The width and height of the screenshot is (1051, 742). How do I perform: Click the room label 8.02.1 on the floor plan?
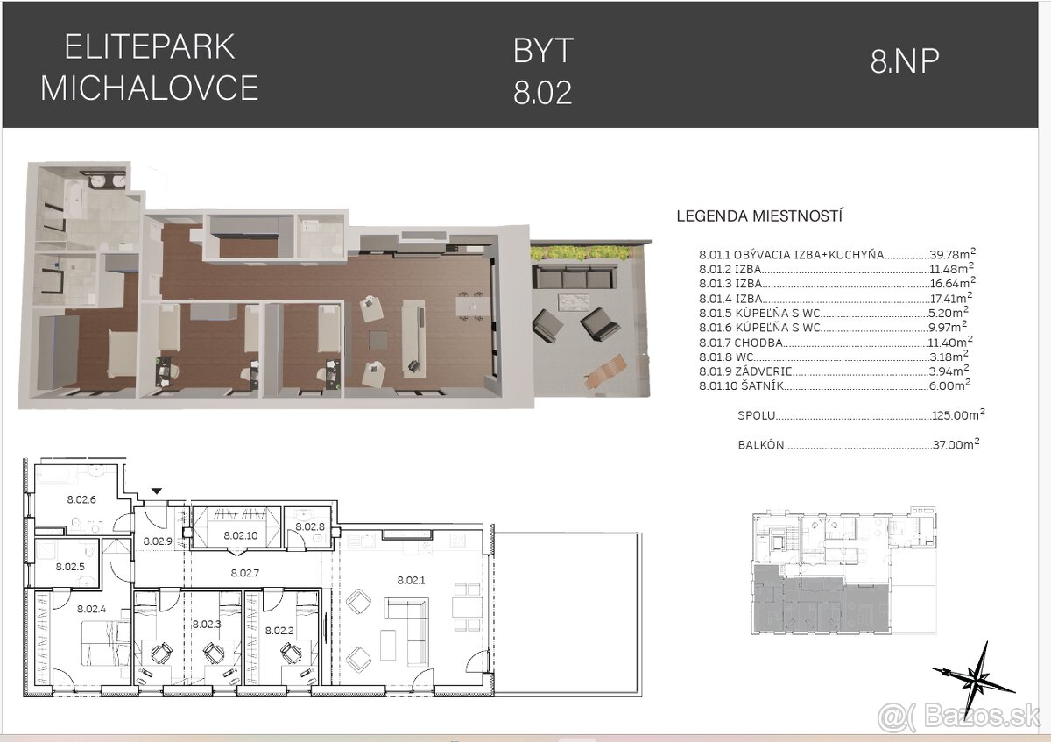[x=411, y=580]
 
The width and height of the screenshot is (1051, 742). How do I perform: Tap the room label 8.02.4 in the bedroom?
[x=91, y=609]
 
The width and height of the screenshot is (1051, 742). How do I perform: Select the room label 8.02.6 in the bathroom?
[x=81, y=499]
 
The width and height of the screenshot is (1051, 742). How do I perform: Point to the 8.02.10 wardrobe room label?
[x=239, y=534]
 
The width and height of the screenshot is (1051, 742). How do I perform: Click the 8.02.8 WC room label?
[x=309, y=526]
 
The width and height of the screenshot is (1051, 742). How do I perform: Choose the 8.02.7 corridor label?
[x=245, y=573]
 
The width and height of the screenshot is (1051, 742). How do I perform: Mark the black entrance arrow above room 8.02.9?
[x=157, y=492]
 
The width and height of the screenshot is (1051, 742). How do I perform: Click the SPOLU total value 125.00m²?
[x=956, y=415]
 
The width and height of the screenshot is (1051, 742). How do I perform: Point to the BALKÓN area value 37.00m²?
[x=956, y=445]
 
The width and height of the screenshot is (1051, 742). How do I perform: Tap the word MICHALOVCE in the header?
[x=149, y=88]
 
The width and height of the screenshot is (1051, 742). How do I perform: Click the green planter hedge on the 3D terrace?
[x=582, y=252]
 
